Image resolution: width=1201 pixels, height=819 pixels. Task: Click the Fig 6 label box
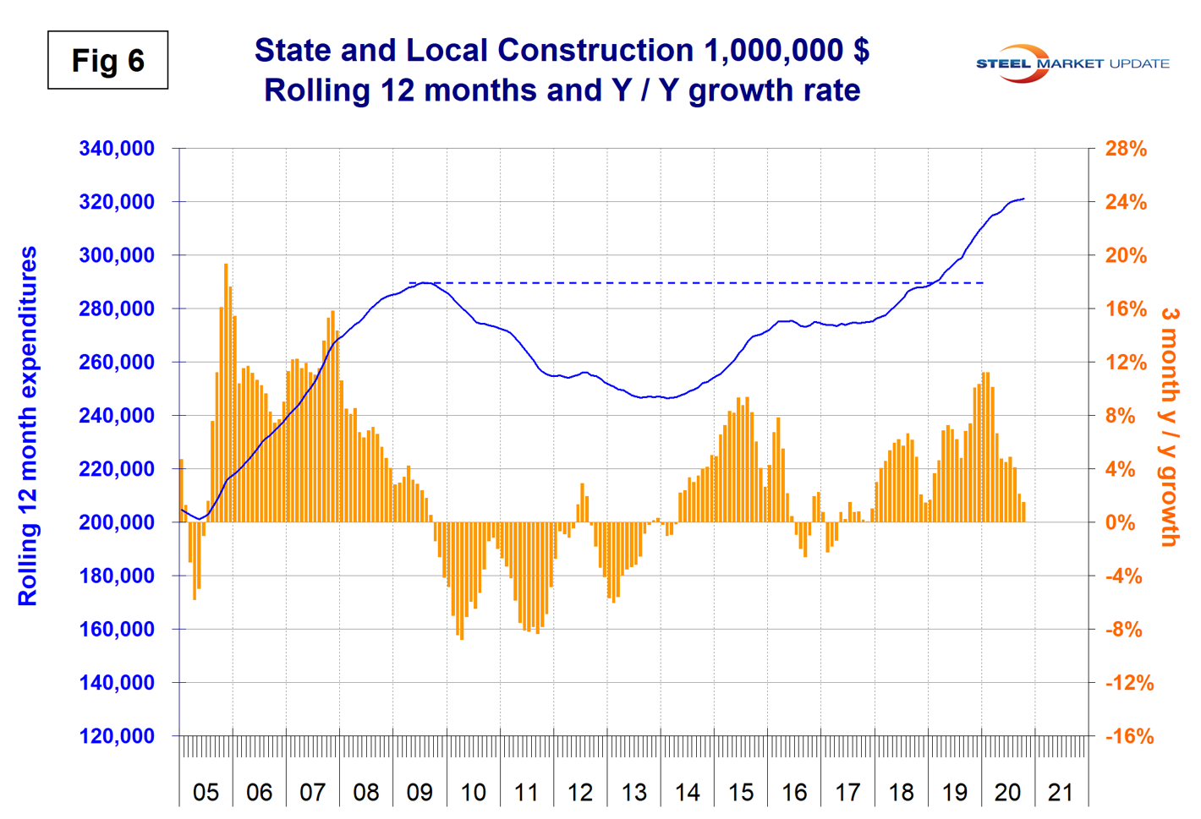(107, 60)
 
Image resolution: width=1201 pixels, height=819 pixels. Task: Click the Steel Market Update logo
(1072, 63)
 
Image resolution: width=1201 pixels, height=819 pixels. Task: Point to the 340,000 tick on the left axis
(117, 149)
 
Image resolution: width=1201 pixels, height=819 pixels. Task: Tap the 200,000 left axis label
(117, 522)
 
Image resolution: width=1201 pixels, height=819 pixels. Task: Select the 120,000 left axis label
(117, 736)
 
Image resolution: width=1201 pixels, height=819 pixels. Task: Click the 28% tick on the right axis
(1126, 149)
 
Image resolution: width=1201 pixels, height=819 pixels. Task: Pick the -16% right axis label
(1129, 736)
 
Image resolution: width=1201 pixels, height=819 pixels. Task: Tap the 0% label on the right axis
(1121, 522)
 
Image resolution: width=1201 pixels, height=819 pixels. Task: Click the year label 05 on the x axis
(206, 793)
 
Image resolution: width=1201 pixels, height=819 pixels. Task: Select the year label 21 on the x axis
(1061, 793)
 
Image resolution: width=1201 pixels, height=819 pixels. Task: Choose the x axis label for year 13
(633, 793)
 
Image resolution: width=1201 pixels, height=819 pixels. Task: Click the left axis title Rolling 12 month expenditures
(28, 426)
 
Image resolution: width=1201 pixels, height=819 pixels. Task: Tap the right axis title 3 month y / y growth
(1170, 426)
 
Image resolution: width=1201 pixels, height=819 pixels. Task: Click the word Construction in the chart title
(592, 51)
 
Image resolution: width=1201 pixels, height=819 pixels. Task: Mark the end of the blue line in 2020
(1024, 199)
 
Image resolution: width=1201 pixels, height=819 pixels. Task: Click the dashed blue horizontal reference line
(694, 282)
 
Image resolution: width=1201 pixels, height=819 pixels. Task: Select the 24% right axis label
(1126, 202)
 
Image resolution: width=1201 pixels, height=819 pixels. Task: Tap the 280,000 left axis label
(117, 308)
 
